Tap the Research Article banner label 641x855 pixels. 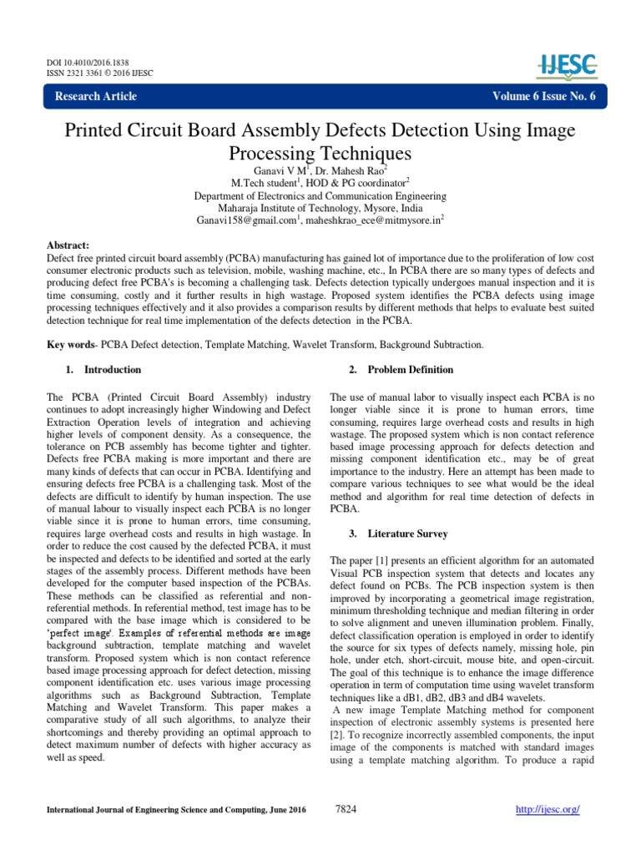pyautogui.click(x=96, y=96)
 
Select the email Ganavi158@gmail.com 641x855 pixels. pyautogui.click(x=247, y=220)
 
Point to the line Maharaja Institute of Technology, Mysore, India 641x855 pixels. pyautogui.click(x=320, y=208)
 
